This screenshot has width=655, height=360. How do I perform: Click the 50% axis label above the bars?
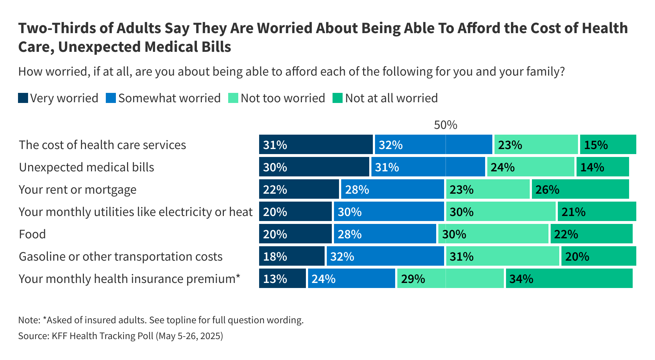click(445, 125)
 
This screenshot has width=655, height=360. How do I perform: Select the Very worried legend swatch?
click(23, 98)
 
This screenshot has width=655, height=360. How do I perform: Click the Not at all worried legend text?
click(391, 98)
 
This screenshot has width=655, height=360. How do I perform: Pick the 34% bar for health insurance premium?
click(569, 279)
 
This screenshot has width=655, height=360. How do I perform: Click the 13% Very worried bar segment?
click(282, 279)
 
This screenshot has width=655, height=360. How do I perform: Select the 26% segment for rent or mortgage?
click(580, 189)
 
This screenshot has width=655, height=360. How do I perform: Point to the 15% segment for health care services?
click(608, 145)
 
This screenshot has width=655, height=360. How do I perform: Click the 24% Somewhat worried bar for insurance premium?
click(351, 279)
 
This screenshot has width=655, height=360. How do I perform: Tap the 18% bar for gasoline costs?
click(292, 256)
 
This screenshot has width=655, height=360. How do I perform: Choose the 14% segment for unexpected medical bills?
click(602, 167)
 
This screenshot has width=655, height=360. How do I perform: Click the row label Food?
click(32, 234)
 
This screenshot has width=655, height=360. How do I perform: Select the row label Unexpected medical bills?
click(86, 167)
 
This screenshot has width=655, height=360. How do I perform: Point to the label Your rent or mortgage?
click(77, 190)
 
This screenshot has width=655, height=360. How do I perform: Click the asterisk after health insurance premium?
click(238, 277)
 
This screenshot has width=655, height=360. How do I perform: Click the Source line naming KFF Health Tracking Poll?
click(121, 336)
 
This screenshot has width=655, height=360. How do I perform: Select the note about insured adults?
click(161, 320)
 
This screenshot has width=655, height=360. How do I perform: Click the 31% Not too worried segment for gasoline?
click(502, 256)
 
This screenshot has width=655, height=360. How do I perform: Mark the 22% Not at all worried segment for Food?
click(591, 234)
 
